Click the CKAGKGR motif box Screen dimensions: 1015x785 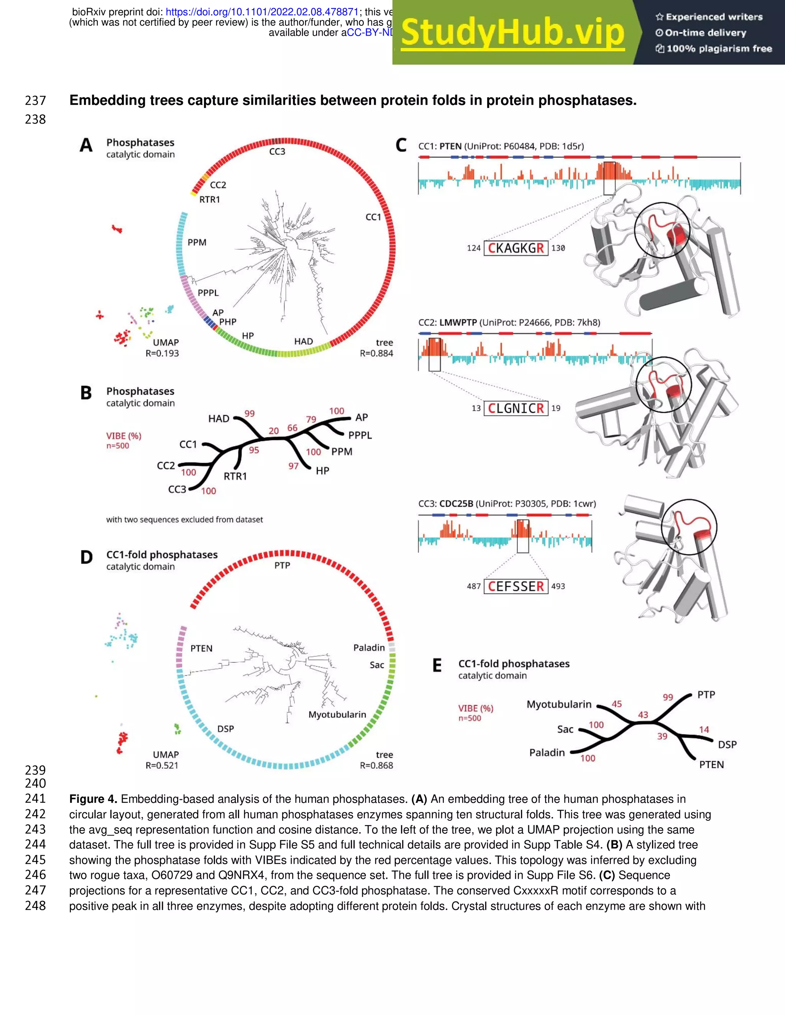pos(516,248)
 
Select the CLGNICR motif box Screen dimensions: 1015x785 pos(516,409)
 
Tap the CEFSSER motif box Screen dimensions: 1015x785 pos(516,586)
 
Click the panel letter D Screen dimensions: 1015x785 pos(87,557)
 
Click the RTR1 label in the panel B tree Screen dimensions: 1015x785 pos(235,476)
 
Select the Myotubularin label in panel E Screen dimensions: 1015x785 pos(559,704)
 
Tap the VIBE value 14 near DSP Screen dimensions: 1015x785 pos(704,730)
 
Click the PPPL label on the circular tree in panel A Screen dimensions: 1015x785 pos(208,293)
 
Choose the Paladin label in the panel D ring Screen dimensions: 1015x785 pos(369,648)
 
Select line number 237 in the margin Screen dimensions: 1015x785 pos(35,100)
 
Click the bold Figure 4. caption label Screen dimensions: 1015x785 pos(94,799)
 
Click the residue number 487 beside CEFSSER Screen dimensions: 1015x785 pos(474,586)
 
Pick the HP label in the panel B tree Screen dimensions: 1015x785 pos(322,471)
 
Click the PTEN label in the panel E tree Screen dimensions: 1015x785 pos(711,765)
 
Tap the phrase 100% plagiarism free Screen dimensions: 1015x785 pos(719,49)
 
